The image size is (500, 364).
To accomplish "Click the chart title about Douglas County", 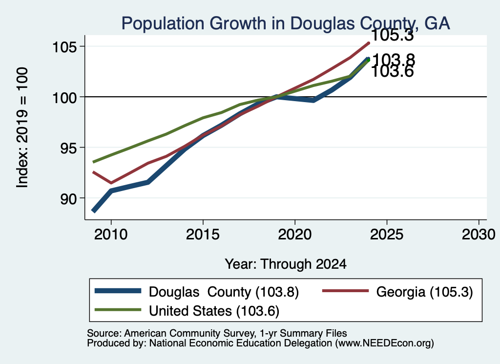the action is (285, 23).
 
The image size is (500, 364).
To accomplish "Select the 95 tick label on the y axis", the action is (68, 148).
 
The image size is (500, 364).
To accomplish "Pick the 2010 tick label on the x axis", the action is (111, 235).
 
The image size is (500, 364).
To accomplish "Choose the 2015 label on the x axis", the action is (203, 235).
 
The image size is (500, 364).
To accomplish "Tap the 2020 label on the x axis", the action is (294, 235).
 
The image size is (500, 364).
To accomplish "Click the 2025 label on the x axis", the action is (387, 235).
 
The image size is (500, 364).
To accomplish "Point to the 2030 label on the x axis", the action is (479, 235).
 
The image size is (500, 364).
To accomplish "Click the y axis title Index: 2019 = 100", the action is (22, 128).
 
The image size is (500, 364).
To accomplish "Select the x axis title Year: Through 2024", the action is (286, 264).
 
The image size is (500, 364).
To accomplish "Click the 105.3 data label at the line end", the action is (392, 35).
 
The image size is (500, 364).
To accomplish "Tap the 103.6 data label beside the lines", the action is (392, 71).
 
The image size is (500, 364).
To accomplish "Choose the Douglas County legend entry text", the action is (224, 292).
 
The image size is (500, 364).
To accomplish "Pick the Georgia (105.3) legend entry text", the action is (424, 292).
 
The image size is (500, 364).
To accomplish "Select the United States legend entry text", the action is (214, 311).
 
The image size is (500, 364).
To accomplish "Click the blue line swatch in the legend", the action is (118, 291).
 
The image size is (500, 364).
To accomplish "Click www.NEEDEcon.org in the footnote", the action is (385, 343).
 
